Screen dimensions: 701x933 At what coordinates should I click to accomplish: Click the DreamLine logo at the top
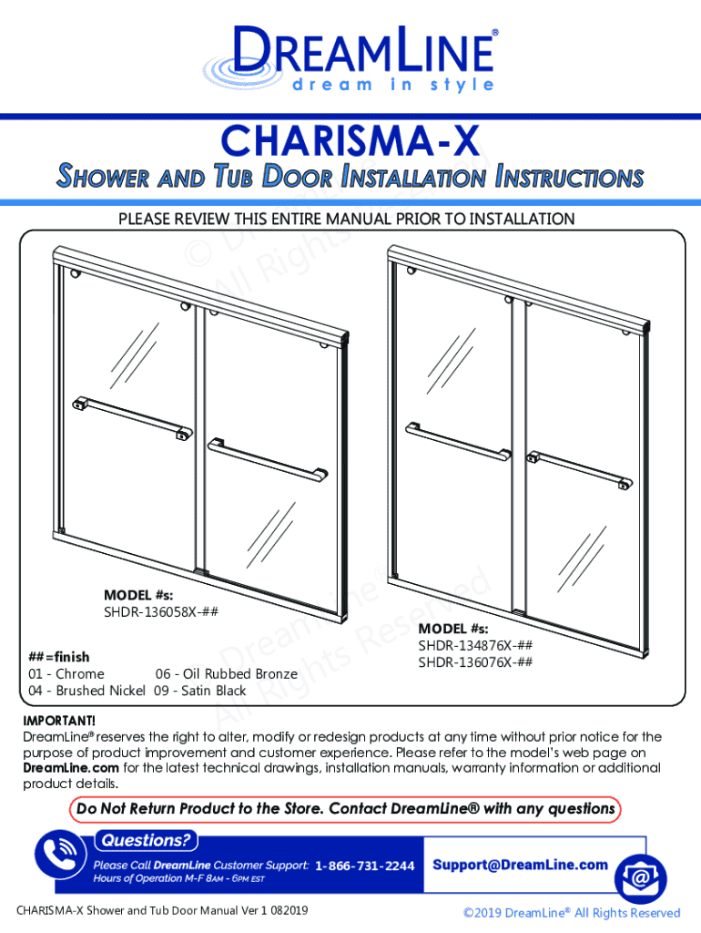(x=350, y=58)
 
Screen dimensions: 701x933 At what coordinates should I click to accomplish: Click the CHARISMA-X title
(x=350, y=141)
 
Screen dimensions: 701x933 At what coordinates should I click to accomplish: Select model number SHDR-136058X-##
(x=161, y=611)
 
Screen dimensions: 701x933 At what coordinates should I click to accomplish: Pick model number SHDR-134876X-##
(x=475, y=645)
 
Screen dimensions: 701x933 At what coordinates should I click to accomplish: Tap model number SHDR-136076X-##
(x=475, y=661)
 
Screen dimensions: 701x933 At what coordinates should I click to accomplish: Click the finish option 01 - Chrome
(x=66, y=673)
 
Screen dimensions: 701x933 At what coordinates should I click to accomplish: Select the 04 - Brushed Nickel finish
(x=86, y=691)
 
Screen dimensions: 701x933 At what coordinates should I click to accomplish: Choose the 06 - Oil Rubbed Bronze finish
(x=227, y=673)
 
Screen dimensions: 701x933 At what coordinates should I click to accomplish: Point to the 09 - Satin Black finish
(x=199, y=691)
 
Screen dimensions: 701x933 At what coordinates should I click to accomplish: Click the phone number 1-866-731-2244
(x=364, y=866)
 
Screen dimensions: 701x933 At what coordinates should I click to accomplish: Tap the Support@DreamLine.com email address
(x=520, y=865)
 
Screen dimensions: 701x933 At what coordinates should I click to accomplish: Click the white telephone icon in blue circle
(x=60, y=855)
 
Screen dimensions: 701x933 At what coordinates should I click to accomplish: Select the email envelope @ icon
(x=640, y=878)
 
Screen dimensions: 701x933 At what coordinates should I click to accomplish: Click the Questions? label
(x=146, y=840)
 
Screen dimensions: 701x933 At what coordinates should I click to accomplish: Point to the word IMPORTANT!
(x=59, y=721)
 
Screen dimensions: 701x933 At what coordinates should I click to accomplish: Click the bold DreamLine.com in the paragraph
(x=71, y=767)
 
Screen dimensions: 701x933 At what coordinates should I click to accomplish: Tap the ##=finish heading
(x=59, y=657)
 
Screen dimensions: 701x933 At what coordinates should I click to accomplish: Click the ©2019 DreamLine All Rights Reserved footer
(x=572, y=913)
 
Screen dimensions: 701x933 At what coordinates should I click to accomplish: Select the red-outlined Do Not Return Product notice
(x=345, y=809)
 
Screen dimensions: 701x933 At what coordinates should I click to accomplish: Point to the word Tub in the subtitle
(x=232, y=176)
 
